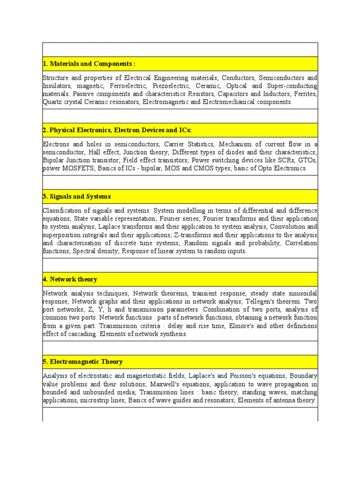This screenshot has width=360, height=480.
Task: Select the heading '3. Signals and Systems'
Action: [x=77, y=196]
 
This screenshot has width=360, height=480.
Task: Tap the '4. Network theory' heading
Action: [x=70, y=279]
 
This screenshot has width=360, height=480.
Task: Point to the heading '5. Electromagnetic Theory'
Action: [x=82, y=362]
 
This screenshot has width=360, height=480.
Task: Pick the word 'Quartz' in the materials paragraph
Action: [x=52, y=102]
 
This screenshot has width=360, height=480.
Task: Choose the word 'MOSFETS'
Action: [x=78, y=168]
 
